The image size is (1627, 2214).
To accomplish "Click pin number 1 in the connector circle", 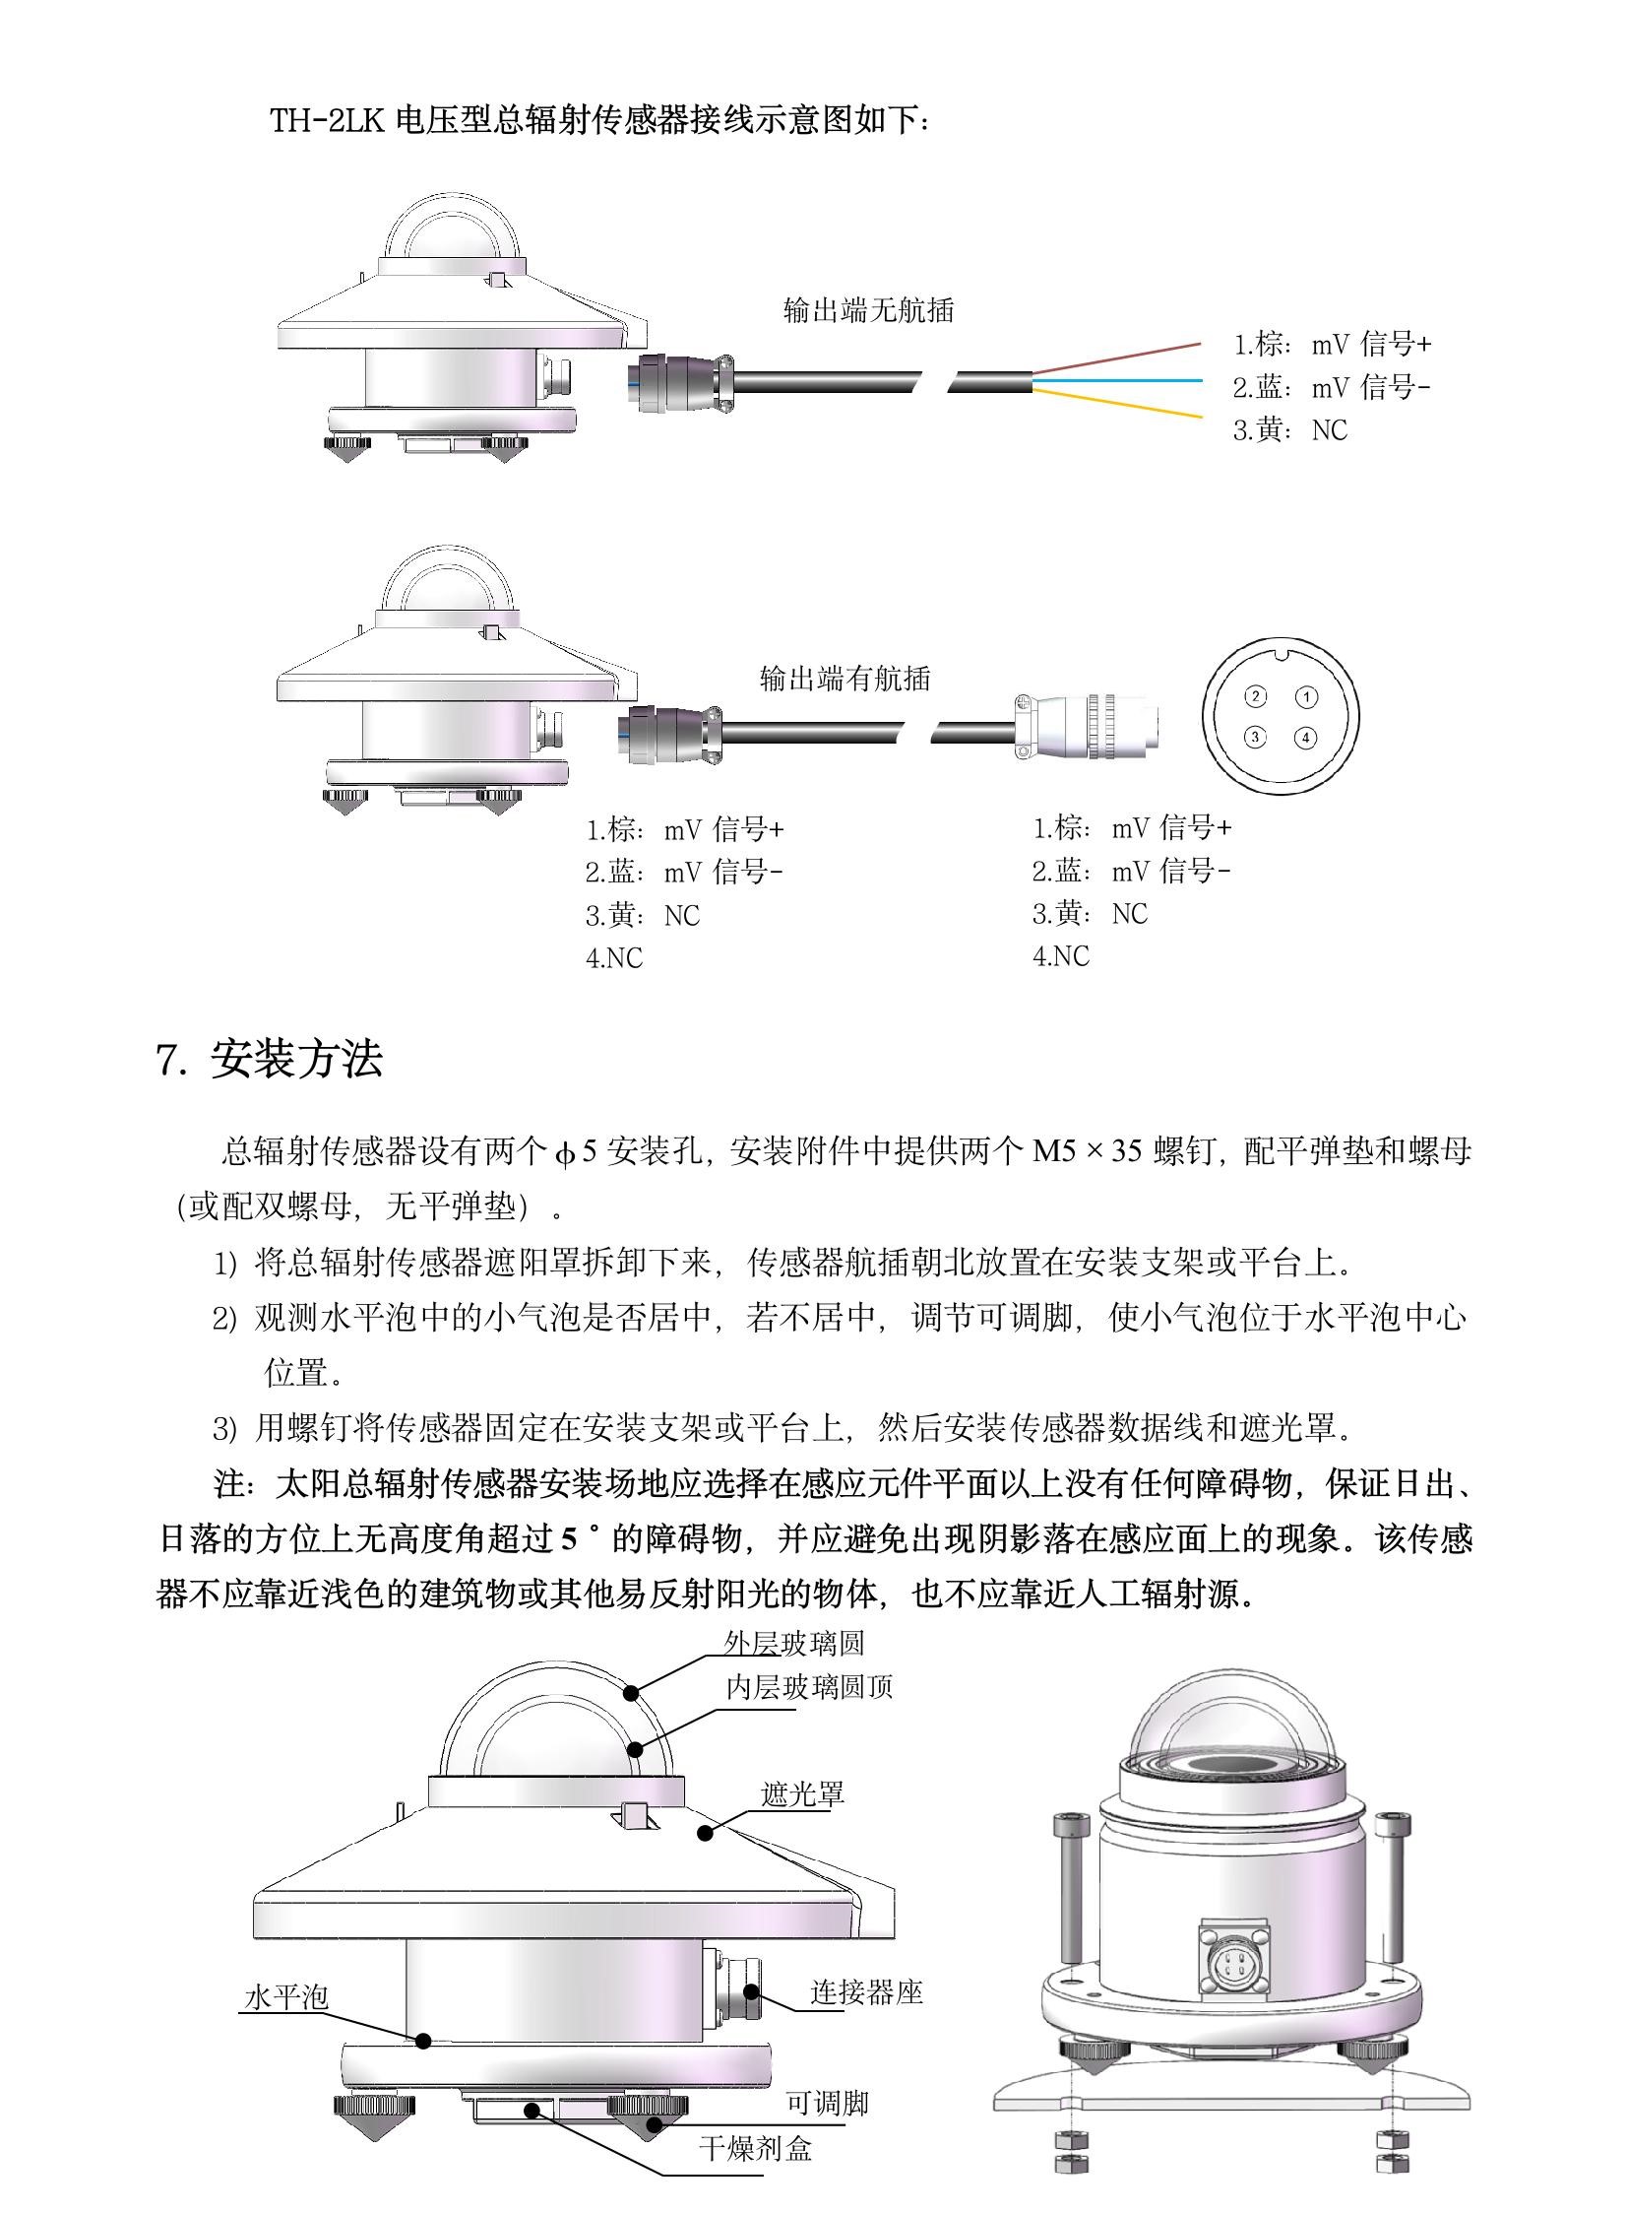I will [1305, 696].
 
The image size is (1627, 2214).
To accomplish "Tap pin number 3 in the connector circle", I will [1254, 736].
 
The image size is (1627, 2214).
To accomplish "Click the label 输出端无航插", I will [868, 310].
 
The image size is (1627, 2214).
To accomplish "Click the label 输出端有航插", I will [845, 678].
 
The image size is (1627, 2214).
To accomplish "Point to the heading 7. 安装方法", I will [269, 1059].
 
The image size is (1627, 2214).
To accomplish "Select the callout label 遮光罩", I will [802, 1793].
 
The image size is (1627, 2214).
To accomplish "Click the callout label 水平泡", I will [285, 1996].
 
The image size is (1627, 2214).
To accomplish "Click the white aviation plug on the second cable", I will [1084, 728].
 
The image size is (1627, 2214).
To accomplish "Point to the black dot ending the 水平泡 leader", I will [423, 2040].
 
